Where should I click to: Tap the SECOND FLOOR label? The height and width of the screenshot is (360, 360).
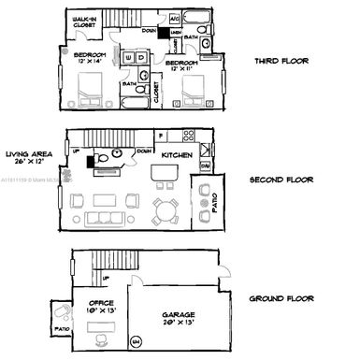pos(281,180)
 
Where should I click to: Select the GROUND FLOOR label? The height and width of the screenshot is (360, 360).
pos(281,299)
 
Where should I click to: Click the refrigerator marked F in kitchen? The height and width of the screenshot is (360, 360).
pos(161,135)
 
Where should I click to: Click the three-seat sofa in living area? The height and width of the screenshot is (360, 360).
pos(102,220)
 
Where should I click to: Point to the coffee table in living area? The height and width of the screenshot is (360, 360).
pos(102,199)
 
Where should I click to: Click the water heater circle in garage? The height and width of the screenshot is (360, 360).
pos(138,340)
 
